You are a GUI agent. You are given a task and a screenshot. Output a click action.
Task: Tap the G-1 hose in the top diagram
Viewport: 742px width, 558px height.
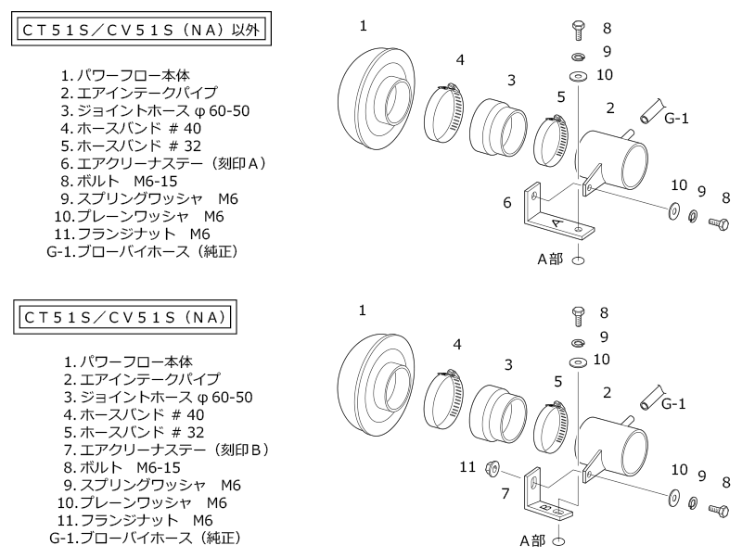point(651,111)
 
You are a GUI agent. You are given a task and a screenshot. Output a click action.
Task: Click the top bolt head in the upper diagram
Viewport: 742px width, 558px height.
point(576,30)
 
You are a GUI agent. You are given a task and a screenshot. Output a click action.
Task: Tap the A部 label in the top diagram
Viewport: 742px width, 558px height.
point(549,260)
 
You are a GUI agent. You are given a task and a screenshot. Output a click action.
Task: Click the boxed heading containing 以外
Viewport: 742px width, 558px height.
point(139,31)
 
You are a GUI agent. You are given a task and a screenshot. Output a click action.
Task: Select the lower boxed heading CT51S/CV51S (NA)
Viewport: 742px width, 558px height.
point(122,317)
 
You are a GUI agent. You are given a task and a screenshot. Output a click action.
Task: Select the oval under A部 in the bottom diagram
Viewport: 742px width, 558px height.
point(558,539)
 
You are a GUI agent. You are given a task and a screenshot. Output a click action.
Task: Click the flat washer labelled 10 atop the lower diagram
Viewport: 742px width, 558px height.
point(576,359)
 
